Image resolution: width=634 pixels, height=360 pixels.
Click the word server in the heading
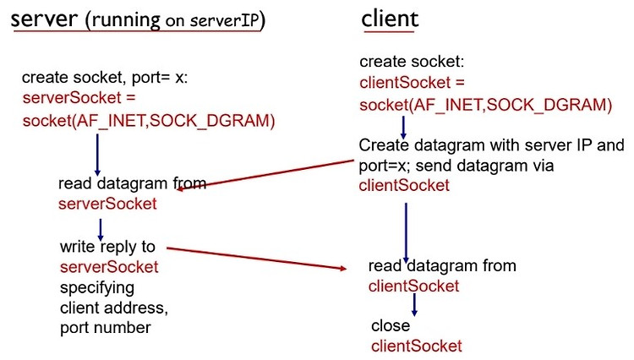44,19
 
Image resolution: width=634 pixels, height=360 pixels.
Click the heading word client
390,19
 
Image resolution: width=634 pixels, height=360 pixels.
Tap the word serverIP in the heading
225,20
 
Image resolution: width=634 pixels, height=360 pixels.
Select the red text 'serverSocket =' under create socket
79,98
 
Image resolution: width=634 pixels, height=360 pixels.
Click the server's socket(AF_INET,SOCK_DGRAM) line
149,121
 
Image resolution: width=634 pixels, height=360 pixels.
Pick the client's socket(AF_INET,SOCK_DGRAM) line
485,105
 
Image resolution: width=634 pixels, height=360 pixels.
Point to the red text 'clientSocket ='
412,83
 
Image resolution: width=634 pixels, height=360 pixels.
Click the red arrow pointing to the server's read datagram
265,175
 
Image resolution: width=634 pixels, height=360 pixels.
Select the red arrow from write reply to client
257,259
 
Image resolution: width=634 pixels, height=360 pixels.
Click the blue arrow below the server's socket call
97,155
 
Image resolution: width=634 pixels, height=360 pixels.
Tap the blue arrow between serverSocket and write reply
101,230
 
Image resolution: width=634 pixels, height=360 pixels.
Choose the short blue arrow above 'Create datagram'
403,128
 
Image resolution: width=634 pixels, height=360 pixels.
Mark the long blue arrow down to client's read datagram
406,232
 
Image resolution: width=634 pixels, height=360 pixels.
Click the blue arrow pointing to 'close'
414,304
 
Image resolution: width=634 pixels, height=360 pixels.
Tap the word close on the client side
391,325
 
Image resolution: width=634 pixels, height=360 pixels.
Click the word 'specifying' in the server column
97,288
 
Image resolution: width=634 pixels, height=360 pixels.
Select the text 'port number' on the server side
106,328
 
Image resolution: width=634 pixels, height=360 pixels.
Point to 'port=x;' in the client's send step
385,166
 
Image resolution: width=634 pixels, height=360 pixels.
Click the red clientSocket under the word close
417,346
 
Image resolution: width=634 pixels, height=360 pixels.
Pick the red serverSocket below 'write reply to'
109,267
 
